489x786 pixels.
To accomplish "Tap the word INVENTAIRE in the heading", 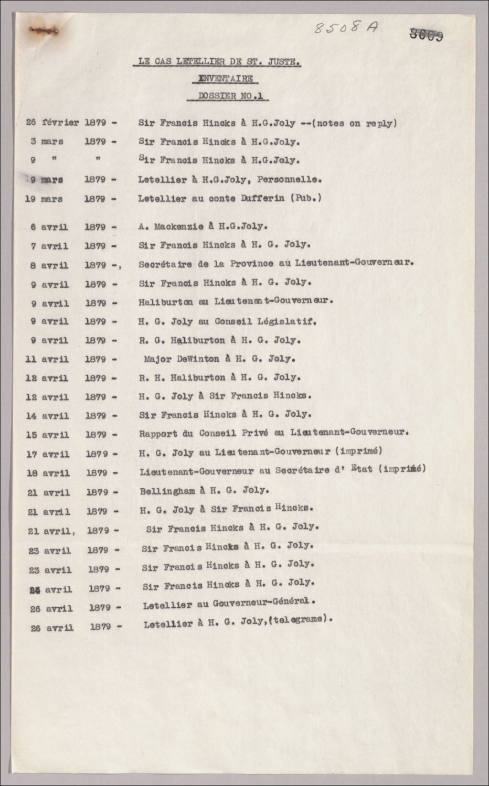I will pyautogui.click(x=226, y=79).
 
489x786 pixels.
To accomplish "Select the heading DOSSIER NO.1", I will pyautogui.click(x=231, y=96).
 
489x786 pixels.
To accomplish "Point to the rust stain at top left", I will pyautogui.click(x=43, y=30).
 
